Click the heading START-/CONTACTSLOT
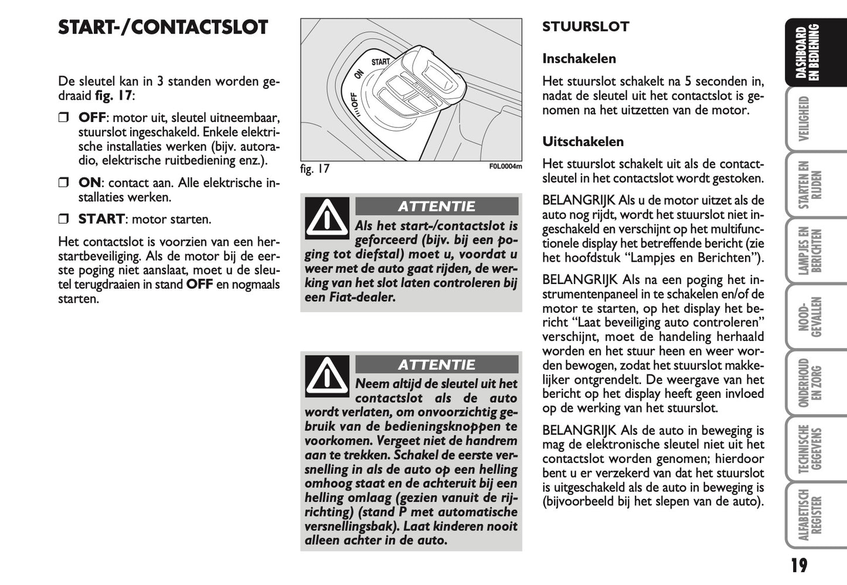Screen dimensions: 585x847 coord(163,28)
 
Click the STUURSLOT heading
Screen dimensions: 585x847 coord(585,26)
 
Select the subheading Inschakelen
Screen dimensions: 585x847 coord(579,59)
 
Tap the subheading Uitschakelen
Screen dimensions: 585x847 coord(583,141)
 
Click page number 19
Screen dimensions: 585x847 coord(798,565)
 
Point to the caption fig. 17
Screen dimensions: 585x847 coord(315,169)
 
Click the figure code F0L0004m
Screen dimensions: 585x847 coord(505,167)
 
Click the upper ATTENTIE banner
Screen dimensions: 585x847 coord(437,207)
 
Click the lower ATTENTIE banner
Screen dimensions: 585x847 coord(437,364)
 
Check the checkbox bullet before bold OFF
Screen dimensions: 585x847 coord(64,118)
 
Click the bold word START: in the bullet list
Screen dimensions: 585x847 coord(102,219)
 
